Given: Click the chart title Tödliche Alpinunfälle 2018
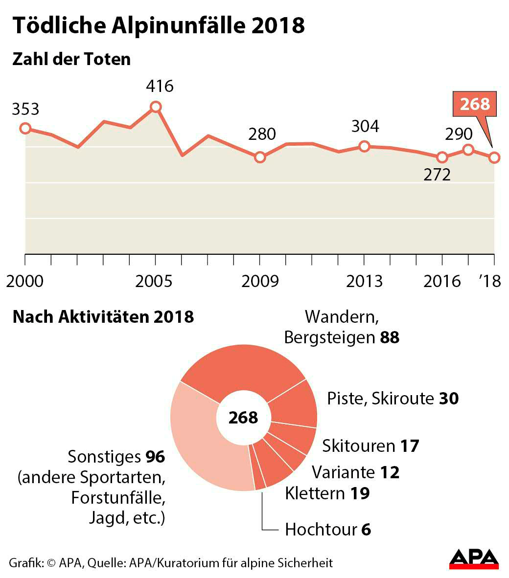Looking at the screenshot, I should [x=158, y=25].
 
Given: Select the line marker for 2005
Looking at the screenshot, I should [x=156, y=107].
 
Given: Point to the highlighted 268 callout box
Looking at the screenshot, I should [x=475, y=104].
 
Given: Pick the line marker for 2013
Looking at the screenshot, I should [x=364, y=146].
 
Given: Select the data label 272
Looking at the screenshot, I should [x=437, y=175].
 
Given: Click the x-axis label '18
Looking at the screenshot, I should [x=490, y=282].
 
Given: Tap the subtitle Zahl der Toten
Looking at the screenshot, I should [x=71, y=59].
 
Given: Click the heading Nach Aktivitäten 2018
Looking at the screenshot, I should [x=103, y=316].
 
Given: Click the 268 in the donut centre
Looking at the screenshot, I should [x=243, y=418].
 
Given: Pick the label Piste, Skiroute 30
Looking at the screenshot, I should [x=393, y=399].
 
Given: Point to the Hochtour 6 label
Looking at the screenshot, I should [x=328, y=530].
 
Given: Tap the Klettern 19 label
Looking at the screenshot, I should [x=327, y=493].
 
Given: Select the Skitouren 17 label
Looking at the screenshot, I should [x=370, y=446].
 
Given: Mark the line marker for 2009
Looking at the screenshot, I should [x=260, y=157].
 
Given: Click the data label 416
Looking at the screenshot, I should [x=160, y=87].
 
